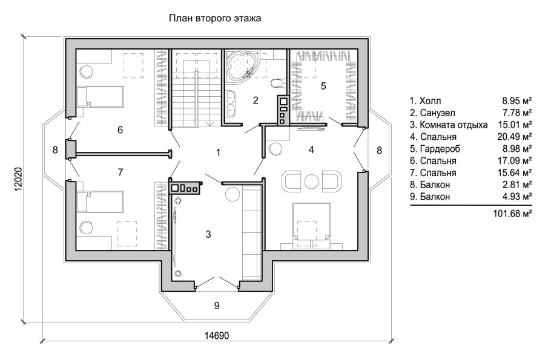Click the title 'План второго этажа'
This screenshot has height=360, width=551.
click(x=215, y=18)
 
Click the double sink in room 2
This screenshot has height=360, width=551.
click(x=231, y=103)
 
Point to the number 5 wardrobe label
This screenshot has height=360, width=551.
click(x=323, y=86)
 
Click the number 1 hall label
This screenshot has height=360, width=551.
click(x=218, y=152)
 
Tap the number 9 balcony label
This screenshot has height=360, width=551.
click(x=217, y=306)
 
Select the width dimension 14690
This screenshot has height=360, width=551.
click(x=217, y=336)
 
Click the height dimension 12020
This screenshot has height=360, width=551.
click(x=18, y=179)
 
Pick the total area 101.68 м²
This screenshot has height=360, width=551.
click(x=512, y=213)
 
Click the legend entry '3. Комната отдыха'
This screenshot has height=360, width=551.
click(x=449, y=125)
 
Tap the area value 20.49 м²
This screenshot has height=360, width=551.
click(x=515, y=137)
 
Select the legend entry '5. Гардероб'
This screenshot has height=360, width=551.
click(x=435, y=149)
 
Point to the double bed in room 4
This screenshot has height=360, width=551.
click(x=311, y=226)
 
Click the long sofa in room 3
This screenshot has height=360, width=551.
click(x=252, y=232)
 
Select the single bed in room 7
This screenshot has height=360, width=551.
click(x=101, y=202)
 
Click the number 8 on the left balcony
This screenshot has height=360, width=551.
click(x=55, y=150)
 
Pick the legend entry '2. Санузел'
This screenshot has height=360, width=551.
click(x=432, y=113)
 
